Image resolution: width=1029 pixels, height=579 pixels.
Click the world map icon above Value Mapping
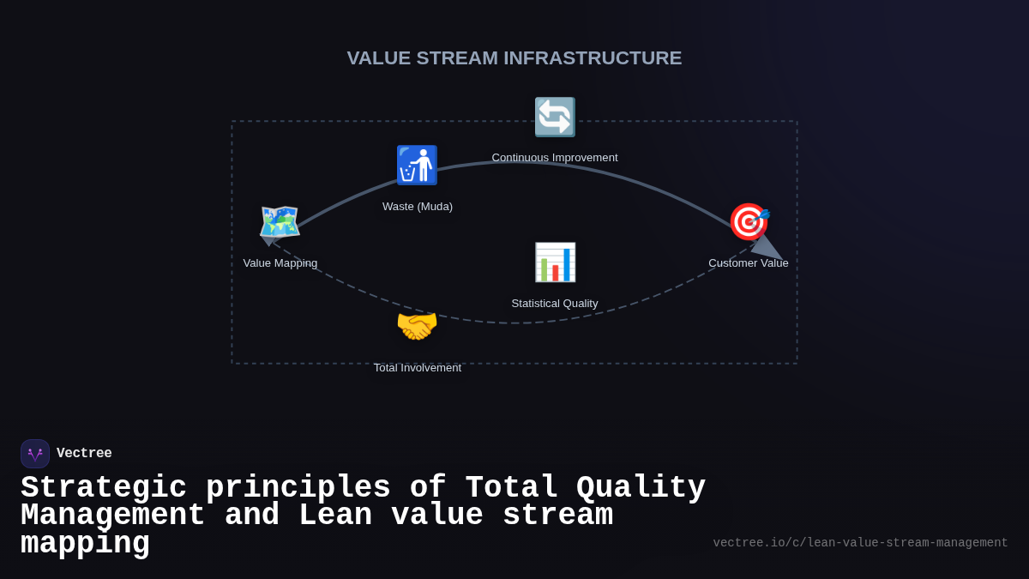tap(280, 222)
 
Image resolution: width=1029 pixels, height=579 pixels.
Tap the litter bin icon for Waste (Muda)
tap(417, 165)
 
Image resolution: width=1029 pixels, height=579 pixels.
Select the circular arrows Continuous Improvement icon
tap(555, 117)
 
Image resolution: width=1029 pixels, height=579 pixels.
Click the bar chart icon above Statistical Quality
tap(555, 262)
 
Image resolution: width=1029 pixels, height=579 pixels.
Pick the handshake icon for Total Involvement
tap(417, 327)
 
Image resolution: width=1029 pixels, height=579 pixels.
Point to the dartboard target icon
tap(749, 222)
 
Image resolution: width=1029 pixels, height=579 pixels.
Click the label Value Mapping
tap(280, 263)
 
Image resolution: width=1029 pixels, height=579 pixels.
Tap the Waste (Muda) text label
tap(418, 207)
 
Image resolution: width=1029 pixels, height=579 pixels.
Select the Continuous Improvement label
tap(555, 158)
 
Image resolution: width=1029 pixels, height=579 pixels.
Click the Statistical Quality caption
tap(555, 304)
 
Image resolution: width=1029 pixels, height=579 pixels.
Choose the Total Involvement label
tap(418, 368)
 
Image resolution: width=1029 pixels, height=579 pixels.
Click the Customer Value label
tap(749, 263)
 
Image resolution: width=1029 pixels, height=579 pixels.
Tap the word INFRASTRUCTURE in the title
tap(593, 58)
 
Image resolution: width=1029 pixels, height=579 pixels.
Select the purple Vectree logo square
tap(35, 454)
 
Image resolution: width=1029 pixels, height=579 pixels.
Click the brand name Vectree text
tap(84, 454)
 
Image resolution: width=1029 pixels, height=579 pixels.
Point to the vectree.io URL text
tap(860, 543)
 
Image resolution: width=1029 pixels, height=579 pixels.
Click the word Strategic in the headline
tap(104, 488)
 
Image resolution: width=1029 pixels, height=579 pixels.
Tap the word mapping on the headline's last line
tap(85, 544)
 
